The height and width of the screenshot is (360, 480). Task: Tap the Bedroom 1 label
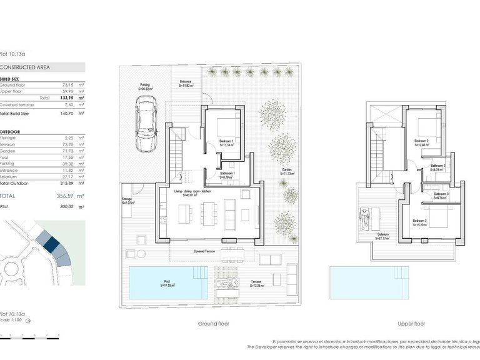coord(226,142)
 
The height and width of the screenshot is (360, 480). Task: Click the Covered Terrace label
coord(205,251)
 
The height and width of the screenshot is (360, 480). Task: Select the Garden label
coord(287,171)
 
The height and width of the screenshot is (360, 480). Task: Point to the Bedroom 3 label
coord(419,221)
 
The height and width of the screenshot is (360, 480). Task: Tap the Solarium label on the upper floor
coord(382,236)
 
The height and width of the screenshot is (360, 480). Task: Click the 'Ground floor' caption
coord(214,324)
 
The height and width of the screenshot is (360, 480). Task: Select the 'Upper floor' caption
coord(411,324)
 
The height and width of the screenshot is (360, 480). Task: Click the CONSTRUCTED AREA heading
coord(25,67)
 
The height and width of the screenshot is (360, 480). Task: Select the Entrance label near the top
coord(186,83)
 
